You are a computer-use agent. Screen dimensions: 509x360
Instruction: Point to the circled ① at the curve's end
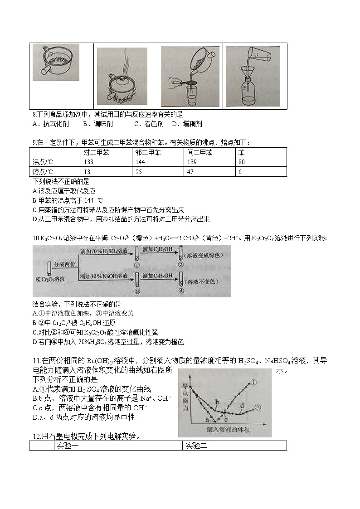coord(253,382)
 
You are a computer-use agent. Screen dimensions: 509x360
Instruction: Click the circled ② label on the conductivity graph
coord(258,407)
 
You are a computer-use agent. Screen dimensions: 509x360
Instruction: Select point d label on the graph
coord(242,405)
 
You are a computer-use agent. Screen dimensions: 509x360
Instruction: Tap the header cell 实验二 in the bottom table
coord(196,446)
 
